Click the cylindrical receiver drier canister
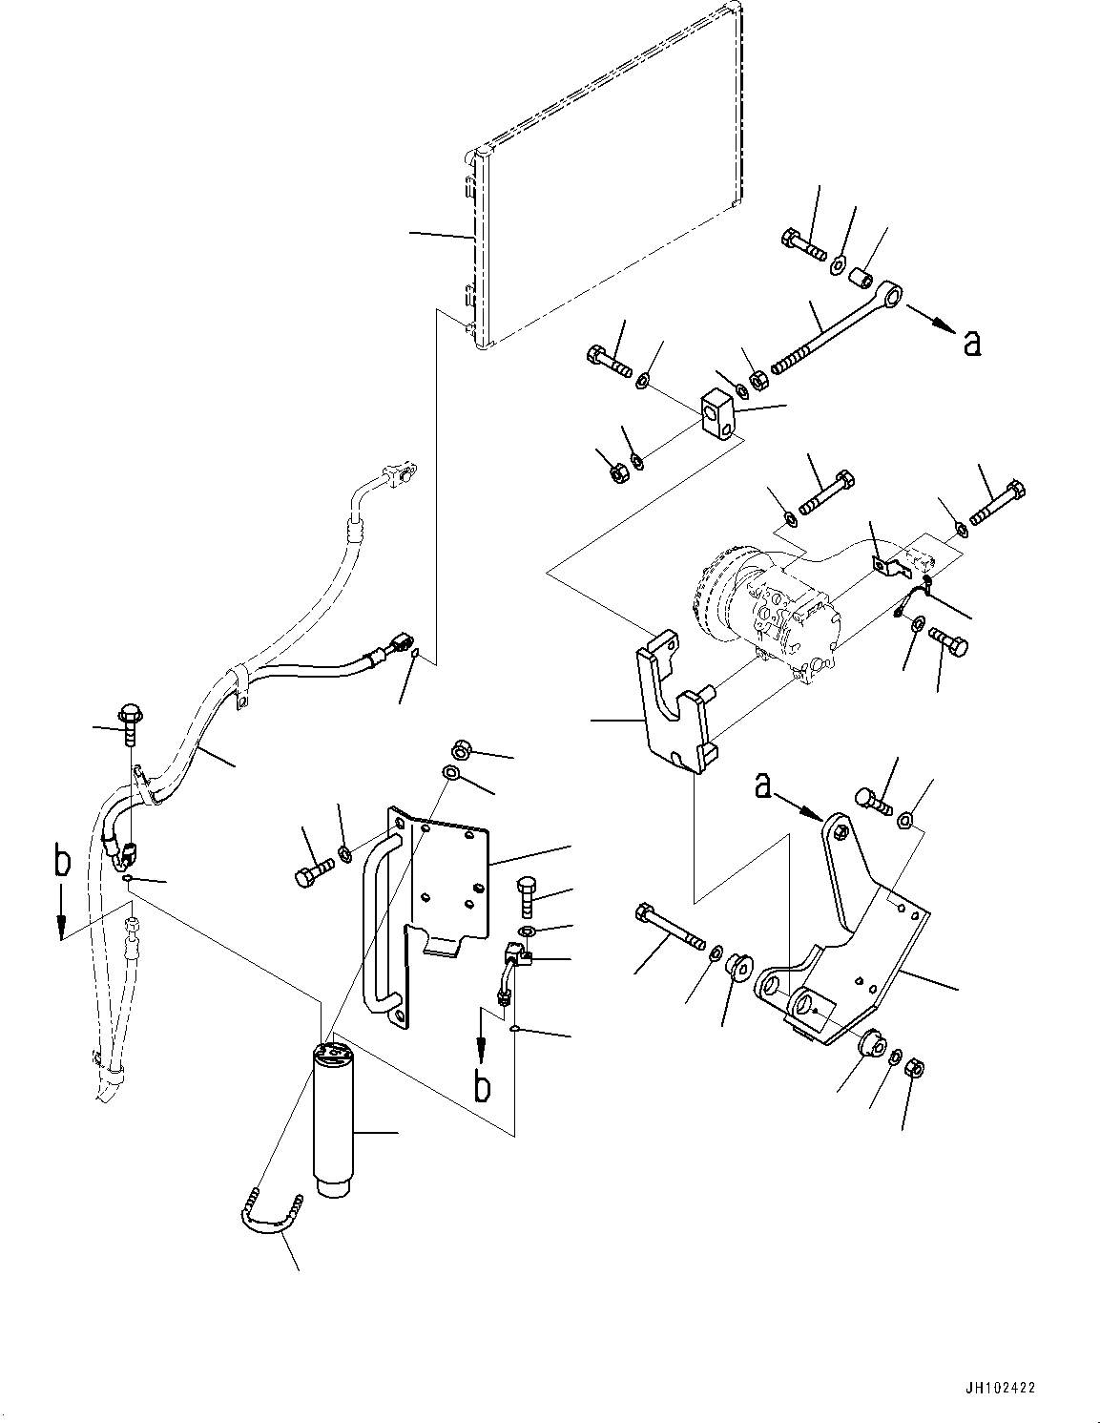coord(332,1121)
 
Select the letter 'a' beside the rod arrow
coord(971,342)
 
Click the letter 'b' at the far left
coord(62,864)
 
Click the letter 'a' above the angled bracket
coord(763,785)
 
